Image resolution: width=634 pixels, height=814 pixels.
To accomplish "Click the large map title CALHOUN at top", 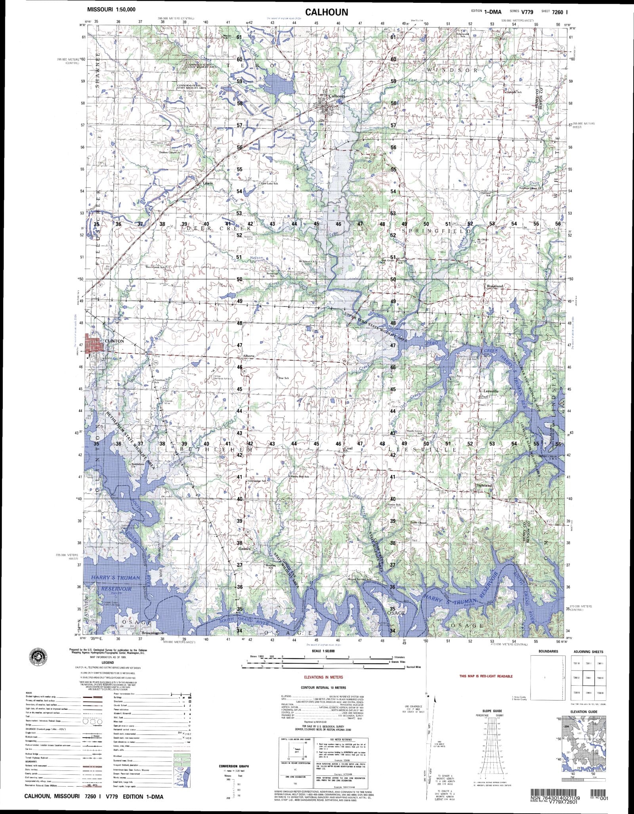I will point(327,12).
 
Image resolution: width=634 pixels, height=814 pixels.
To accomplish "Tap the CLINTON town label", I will point(115,341).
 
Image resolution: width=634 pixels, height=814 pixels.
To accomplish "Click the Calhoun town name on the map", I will point(337,96).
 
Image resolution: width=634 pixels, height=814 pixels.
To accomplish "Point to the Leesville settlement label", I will point(491,391).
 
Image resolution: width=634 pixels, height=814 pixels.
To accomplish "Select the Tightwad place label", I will point(484,485).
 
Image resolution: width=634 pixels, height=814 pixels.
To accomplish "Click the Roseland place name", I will point(495,286).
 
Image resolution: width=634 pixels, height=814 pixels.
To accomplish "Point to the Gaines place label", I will point(244,549).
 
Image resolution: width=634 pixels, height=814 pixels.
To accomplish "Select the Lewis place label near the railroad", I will point(208,183).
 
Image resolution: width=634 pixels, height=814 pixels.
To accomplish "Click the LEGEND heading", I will point(107,662).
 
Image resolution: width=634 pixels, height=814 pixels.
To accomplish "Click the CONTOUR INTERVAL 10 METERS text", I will point(323,688).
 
